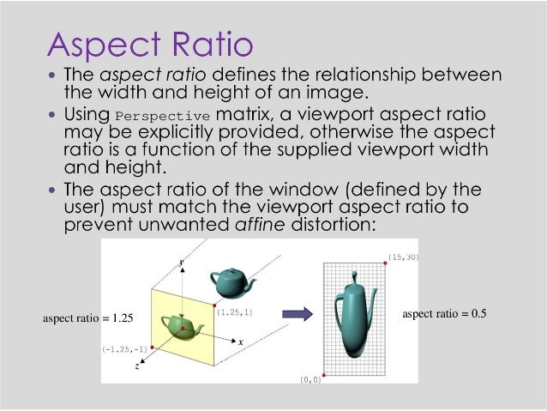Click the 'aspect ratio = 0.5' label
click(443, 314)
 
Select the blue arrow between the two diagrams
click(297, 313)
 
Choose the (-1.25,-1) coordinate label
click(124, 349)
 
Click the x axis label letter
click(241, 341)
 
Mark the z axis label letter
click(138, 366)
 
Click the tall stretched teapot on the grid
click(353, 317)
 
